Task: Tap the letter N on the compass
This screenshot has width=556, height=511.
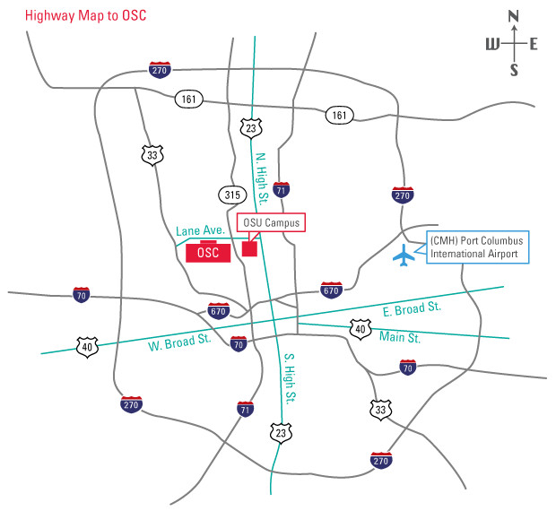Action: click(514, 15)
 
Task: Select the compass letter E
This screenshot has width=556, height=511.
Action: click(534, 43)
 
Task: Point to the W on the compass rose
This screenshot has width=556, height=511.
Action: click(492, 44)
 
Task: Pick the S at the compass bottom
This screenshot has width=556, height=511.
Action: click(514, 71)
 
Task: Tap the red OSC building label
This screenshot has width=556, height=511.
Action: click(208, 252)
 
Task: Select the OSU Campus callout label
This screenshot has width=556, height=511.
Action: click(271, 222)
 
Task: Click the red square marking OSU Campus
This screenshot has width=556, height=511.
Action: click(249, 248)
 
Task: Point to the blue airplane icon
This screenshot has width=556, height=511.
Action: click(405, 255)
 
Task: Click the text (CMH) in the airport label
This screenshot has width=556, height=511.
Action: click(443, 241)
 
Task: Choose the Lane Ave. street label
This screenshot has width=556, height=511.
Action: click(200, 231)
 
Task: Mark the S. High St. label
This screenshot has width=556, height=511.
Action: click(290, 377)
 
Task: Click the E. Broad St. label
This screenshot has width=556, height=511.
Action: click(413, 308)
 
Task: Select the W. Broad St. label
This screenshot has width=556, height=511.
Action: click(179, 341)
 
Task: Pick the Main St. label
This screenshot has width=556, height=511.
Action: click(400, 338)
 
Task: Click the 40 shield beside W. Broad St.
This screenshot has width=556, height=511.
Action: click(86, 347)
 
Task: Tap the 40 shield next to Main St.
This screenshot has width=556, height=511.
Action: click(360, 329)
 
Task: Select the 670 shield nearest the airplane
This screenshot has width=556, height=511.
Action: click(331, 290)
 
